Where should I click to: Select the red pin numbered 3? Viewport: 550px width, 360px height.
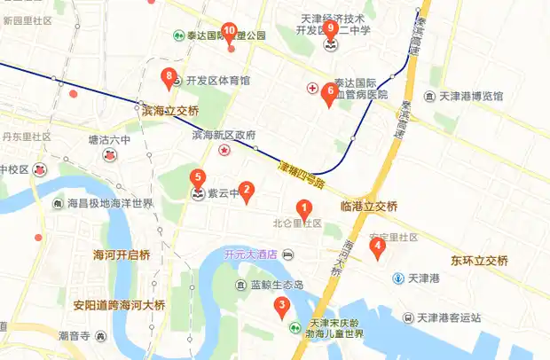coord(281,308)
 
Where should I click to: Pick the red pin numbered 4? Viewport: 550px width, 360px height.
coord(379,248)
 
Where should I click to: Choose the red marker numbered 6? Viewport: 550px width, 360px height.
coord(330,92)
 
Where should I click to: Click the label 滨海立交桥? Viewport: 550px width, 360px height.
coord(169,111)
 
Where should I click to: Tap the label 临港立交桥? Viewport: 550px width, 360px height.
coord(369,207)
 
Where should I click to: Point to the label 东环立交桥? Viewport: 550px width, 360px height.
coord(479,261)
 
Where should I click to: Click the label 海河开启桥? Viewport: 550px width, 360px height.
coord(122,255)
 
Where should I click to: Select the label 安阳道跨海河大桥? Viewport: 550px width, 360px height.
coord(119,305)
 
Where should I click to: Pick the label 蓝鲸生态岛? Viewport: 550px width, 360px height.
coord(276,286)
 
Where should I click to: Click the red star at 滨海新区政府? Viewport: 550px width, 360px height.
coord(225,151)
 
